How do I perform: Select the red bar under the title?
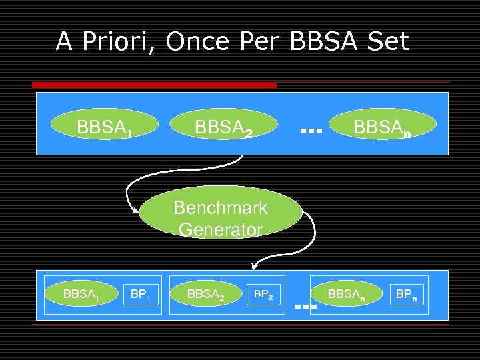tap(154, 85)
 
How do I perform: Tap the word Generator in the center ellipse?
tap(221, 230)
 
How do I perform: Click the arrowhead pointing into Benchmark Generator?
tap(137, 213)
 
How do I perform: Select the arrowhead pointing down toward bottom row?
tap(254, 266)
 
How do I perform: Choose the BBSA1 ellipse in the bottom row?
tap(80, 293)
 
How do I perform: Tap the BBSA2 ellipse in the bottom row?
tap(205, 293)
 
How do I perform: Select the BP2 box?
tap(265, 293)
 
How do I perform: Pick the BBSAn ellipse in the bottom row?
tap(346, 293)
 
